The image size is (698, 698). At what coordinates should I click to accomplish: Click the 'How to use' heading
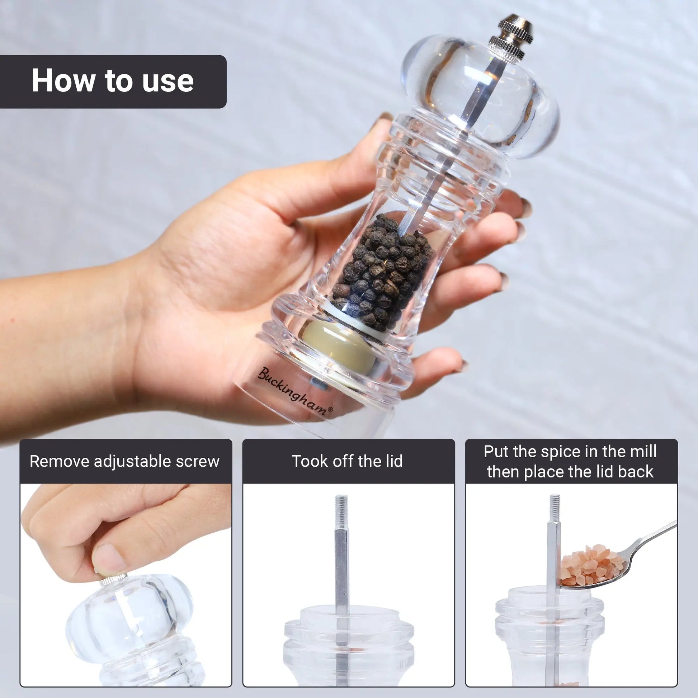(113, 81)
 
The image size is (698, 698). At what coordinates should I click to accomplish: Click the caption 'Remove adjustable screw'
(125, 461)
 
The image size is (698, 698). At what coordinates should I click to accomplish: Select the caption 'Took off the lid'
(347, 461)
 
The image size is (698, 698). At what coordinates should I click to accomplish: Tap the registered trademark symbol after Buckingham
(330, 409)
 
